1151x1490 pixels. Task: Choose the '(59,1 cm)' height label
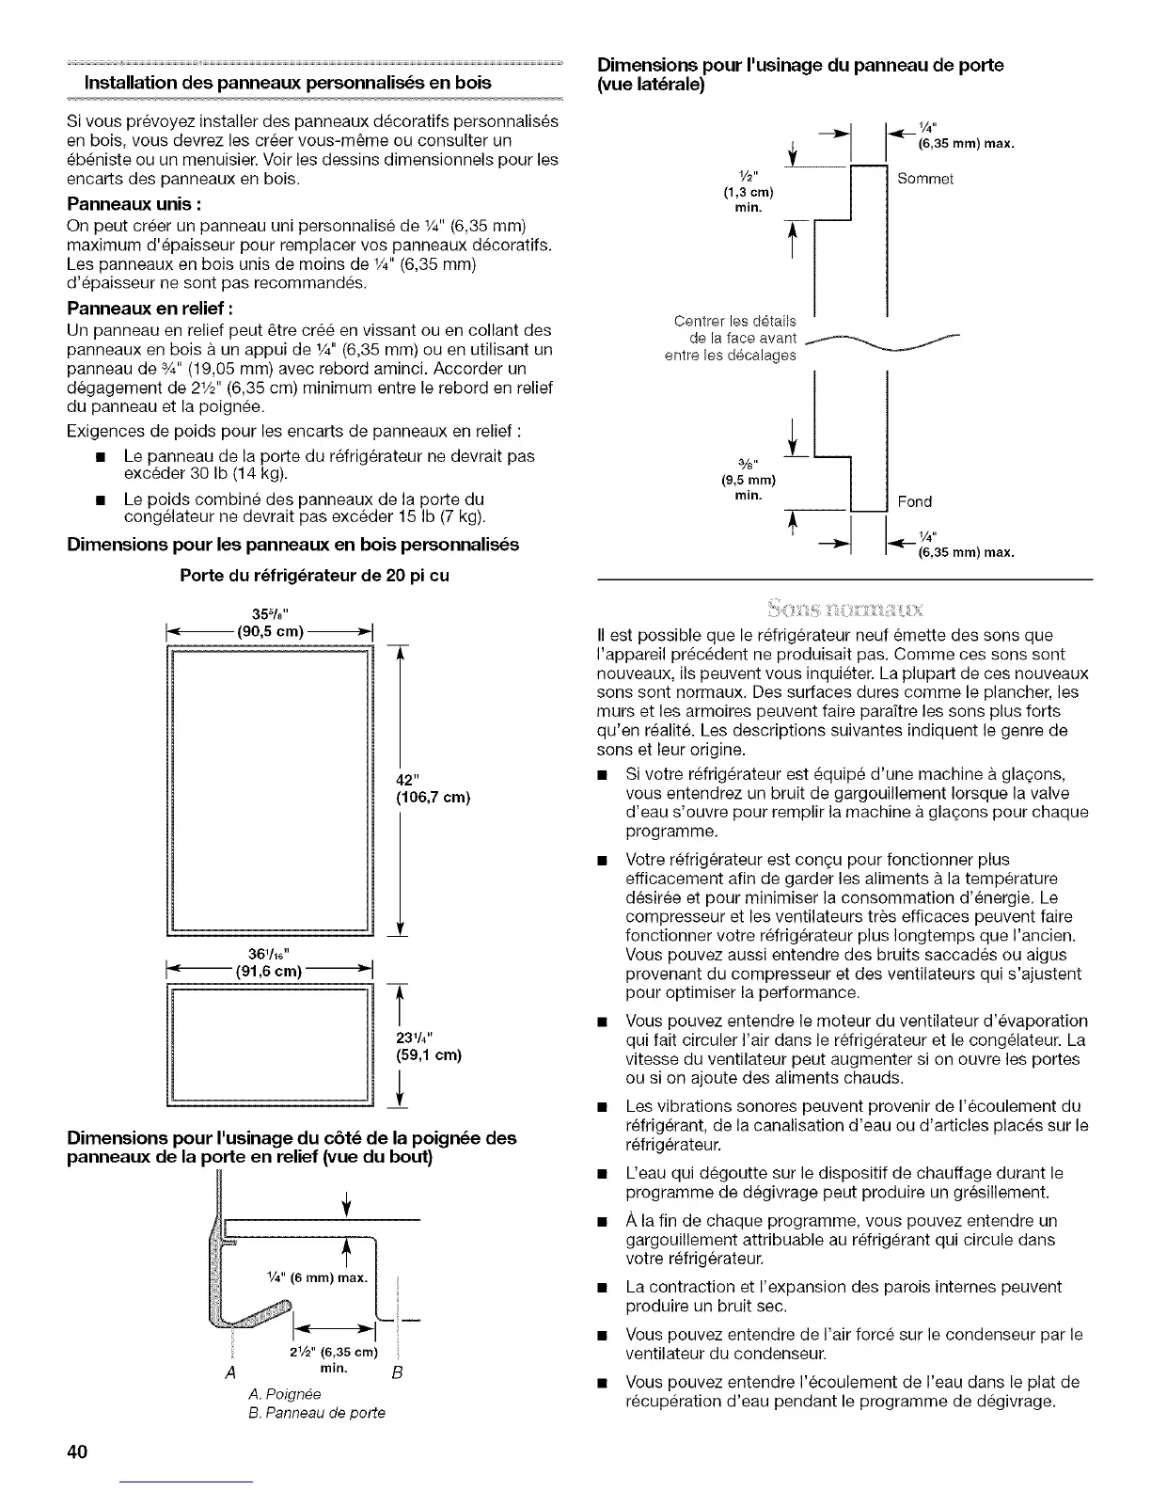point(429,1054)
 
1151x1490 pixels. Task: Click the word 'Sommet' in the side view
point(926,180)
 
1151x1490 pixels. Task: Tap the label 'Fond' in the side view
point(914,501)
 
